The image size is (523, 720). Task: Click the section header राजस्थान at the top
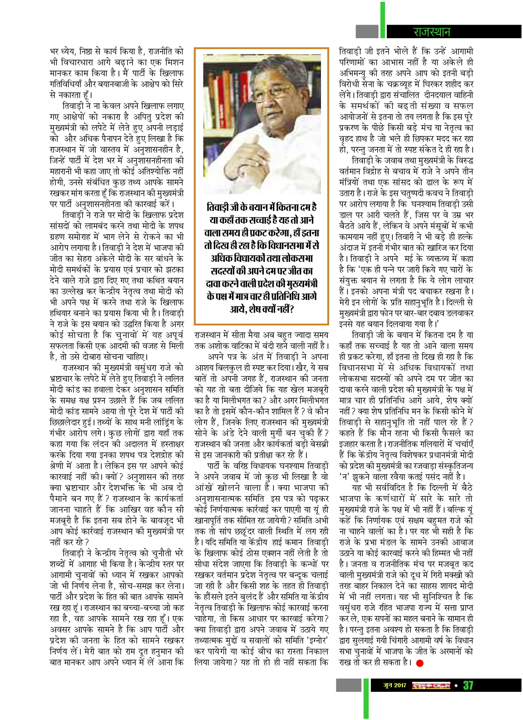coord(431,32)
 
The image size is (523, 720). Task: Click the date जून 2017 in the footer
coord(395,685)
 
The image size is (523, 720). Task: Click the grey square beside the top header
coord(367,31)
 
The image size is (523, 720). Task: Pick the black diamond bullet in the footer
coord(456,685)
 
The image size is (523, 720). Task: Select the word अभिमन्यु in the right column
coord(356,73)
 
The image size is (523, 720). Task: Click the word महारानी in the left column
coord(64,171)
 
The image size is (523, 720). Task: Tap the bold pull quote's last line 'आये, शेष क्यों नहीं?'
coord(261,309)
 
